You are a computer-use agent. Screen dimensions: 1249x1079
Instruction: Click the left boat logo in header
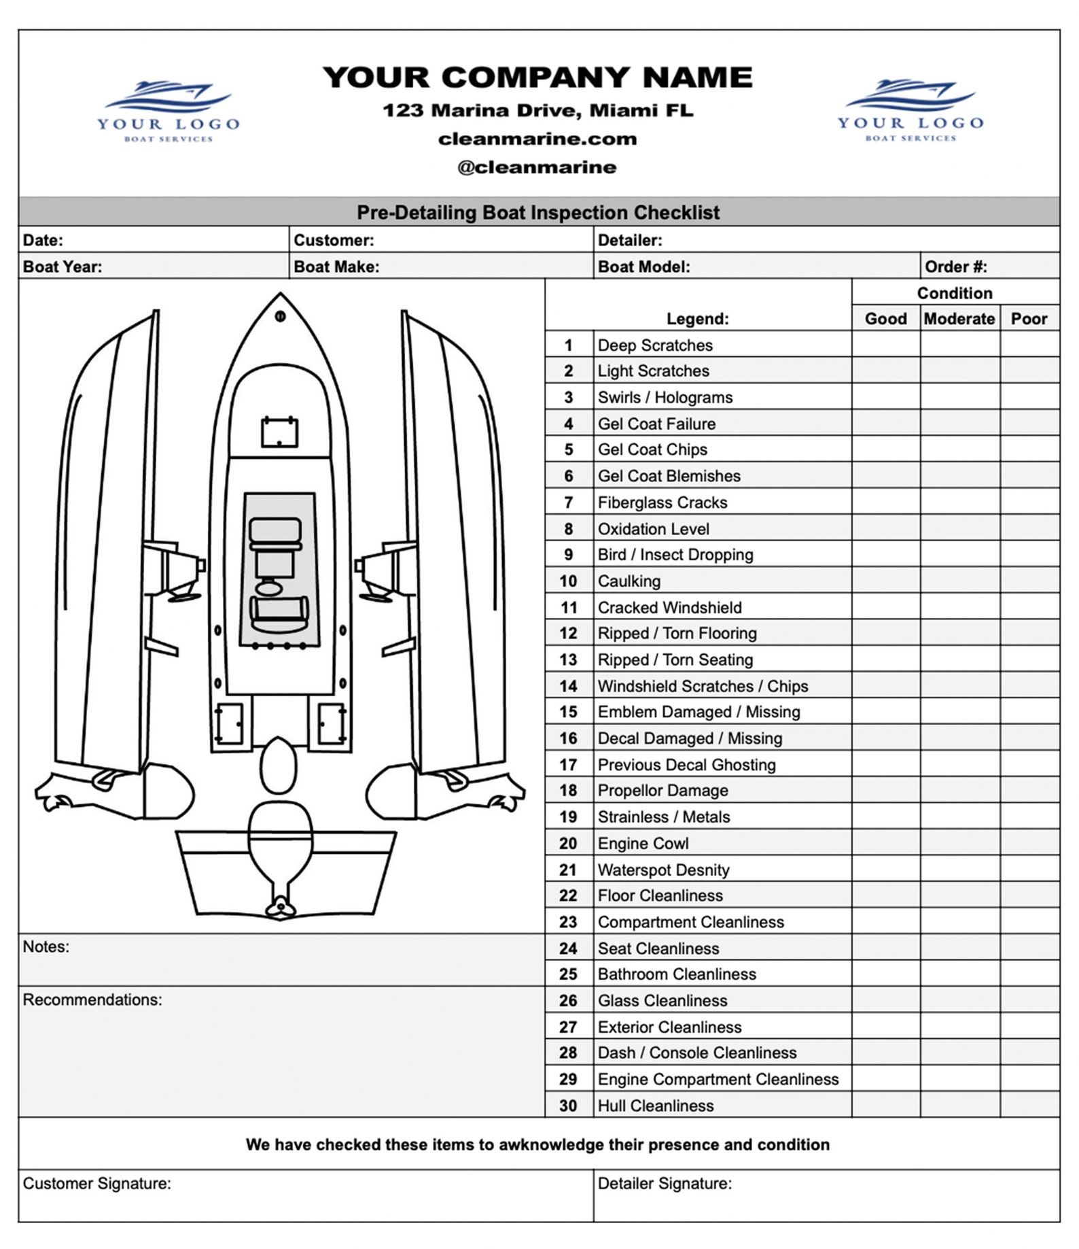click(x=168, y=111)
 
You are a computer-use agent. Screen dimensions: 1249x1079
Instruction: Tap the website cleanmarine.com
click(x=537, y=139)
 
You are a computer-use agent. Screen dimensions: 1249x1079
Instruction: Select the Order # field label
click(x=955, y=267)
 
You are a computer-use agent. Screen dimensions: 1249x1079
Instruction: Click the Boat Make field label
click(x=336, y=267)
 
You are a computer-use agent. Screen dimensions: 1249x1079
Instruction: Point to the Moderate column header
click(x=959, y=319)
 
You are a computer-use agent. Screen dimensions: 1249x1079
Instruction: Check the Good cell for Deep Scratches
click(x=885, y=345)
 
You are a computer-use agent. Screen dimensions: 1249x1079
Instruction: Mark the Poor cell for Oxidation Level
click(x=1029, y=528)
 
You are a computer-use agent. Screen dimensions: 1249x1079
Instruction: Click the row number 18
click(x=568, y=791)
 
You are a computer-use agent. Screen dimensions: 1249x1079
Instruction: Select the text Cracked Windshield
click(x=669, y=607)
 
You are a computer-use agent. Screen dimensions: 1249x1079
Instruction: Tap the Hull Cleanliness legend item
click(x=655, y=1106)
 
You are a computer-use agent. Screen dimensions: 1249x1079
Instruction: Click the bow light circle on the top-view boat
click(x=280, y=316)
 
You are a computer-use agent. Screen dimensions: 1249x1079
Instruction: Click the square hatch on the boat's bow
click(x=280, y=432)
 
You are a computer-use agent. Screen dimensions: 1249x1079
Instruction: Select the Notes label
click(x=46, y=946)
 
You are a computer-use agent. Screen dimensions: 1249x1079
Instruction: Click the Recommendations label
click(x=92, y=999)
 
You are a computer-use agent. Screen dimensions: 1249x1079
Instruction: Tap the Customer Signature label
click(x=96, y=1183)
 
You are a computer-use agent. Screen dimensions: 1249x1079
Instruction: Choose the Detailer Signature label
click(x=664, y=1183)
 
